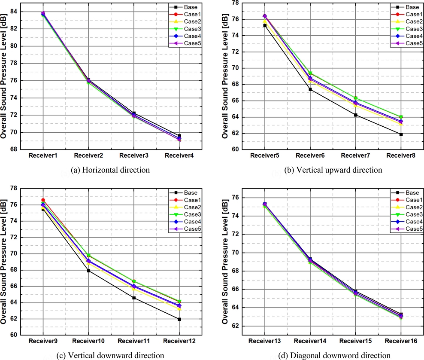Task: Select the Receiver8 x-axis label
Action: (401, 155)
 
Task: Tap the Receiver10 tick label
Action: (88, 341)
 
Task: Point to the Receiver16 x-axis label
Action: (400, 341)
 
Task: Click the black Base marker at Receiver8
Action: (401, 134)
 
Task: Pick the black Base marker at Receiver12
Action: (179, 319)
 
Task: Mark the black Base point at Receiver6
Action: (310, 89)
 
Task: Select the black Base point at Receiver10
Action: (88, 271)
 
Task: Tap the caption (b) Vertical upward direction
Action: (333, 170)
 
